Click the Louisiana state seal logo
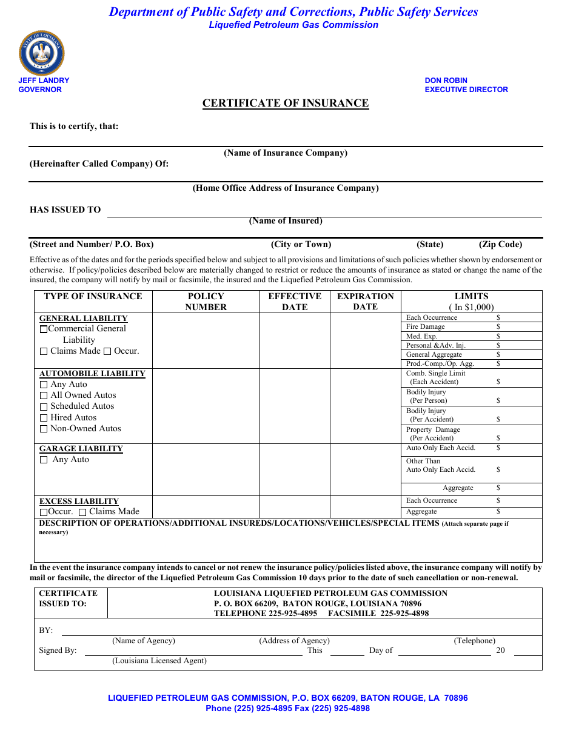(42, 53)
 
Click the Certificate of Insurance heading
(286, 103)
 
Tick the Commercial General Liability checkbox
(44, 329)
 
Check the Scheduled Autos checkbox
(44, 407)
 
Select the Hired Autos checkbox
(44, 418)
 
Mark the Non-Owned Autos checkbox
(44, 429)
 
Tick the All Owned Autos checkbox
(44, 396)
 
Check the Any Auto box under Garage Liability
(44, 460)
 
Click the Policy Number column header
(206, 302)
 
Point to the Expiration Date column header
(366, 302)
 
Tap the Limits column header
(471, 297)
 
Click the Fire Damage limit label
(426, 327)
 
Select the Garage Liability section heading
(81, 449)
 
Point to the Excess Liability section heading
(79, 502)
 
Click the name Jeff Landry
(44, 81)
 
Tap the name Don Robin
(446, 81)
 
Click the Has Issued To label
(65, 210)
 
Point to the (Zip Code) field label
(500, 245)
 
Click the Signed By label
(58, 651)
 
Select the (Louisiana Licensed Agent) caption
(159, 661)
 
